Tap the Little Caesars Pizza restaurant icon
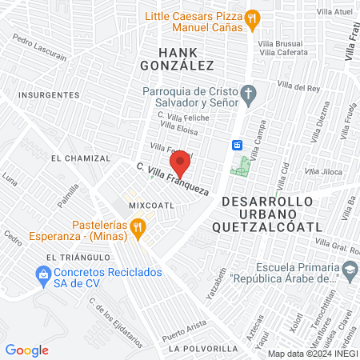[253, 17]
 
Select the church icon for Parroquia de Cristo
[249, 94]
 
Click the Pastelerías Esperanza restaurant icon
[138, 230]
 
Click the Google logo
[26, 350]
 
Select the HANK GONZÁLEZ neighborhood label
[177, 56]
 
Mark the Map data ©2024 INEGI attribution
[312, 354]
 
